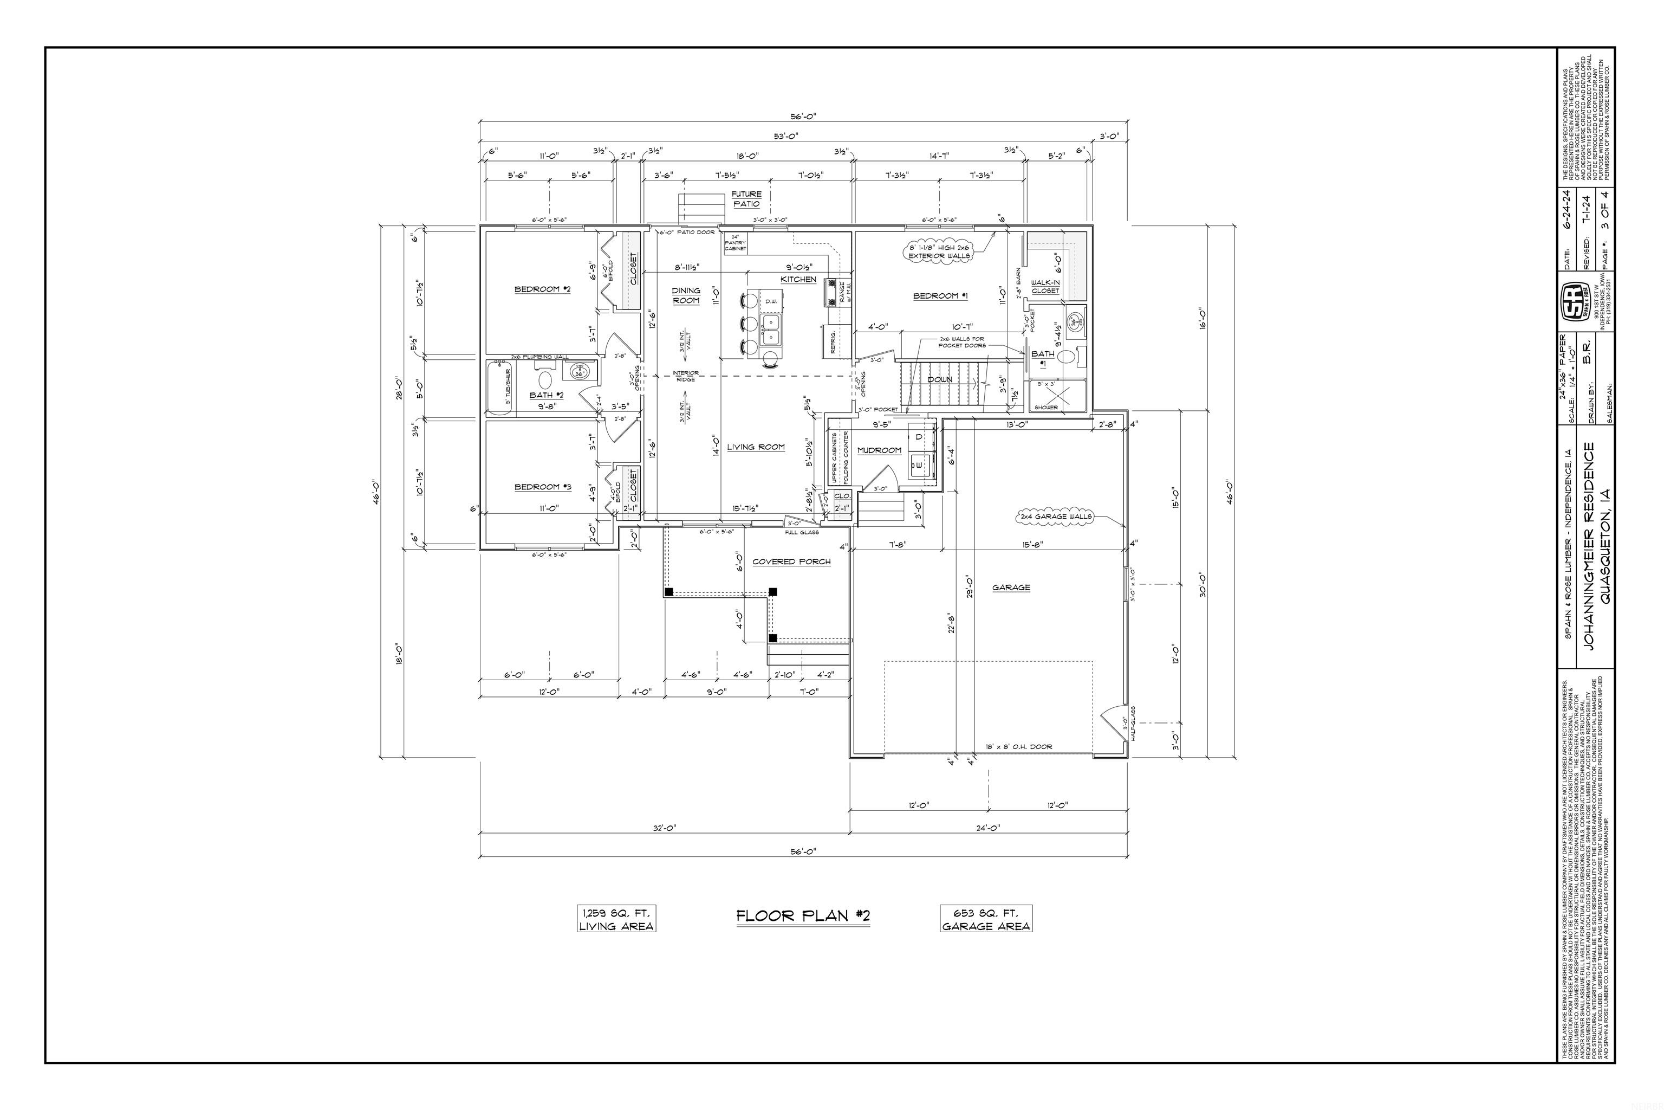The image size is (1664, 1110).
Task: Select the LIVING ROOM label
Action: [756, 447]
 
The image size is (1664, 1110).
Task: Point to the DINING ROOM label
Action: [686, 295]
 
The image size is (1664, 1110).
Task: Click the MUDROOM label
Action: [879, 450]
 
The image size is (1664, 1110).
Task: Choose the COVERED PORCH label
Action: [791, 562]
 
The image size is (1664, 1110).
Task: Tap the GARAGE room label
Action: [1010, 588]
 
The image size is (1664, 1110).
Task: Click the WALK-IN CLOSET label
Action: [1045, 287]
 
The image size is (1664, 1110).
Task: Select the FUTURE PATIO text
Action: [746, 199]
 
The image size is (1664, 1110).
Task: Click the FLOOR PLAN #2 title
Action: [802, 916]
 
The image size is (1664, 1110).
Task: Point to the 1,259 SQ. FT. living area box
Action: [616, 919]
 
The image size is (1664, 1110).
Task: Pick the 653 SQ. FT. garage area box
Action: [985, 919]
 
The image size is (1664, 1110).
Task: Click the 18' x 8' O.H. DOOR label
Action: [1019, 747]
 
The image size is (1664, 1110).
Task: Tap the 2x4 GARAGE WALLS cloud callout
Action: [1056, 517]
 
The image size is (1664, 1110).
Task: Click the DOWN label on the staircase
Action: [940, 379]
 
